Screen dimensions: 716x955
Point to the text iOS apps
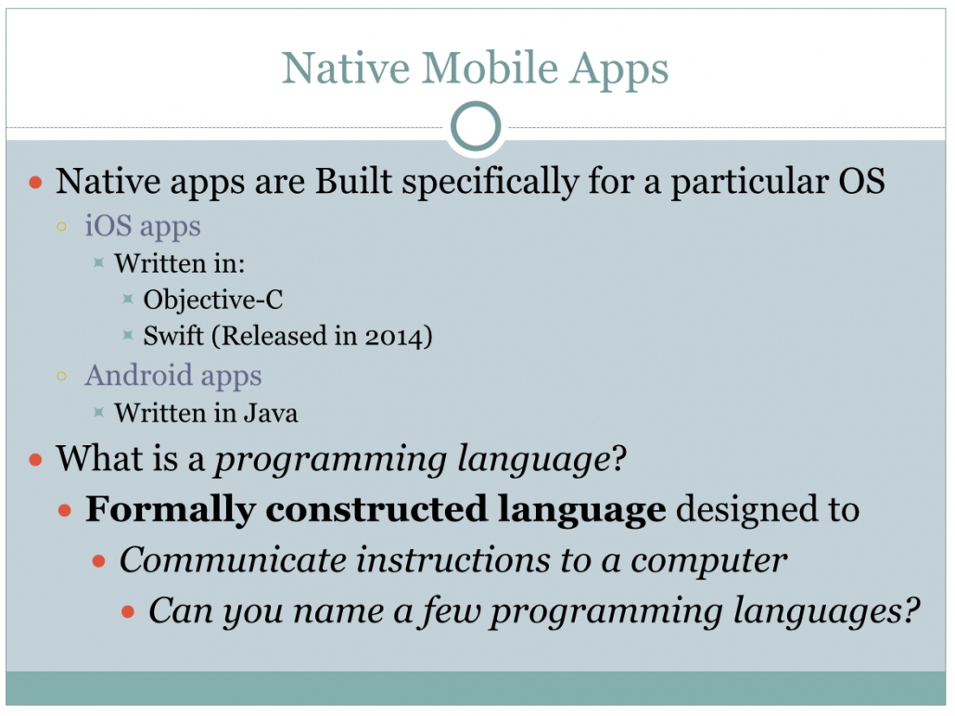143,226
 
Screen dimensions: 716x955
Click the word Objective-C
213,300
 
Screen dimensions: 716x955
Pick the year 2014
389,336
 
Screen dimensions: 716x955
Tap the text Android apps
173,376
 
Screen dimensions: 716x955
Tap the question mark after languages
911,610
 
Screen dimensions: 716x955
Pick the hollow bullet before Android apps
62,377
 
